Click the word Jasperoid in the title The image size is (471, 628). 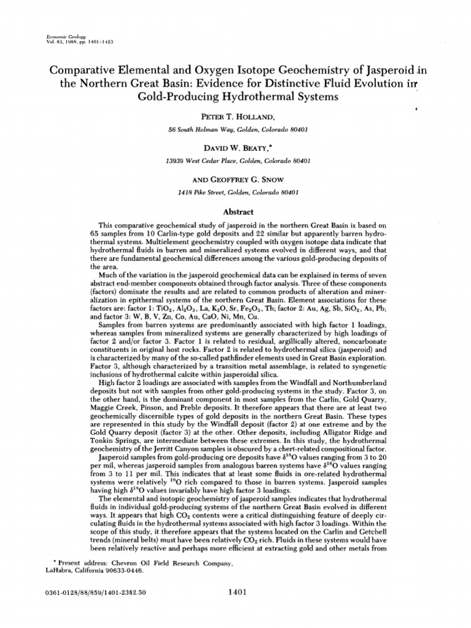(359, 69)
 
